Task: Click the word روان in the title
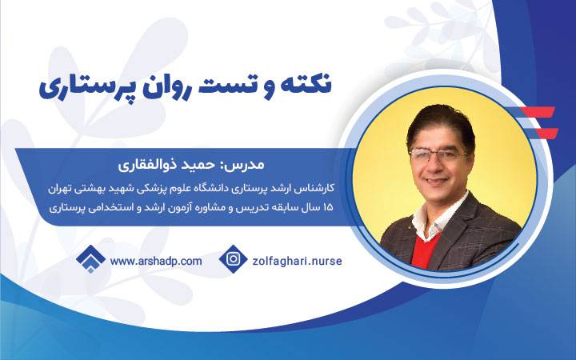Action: tap(159, 87)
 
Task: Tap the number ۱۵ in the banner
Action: tap(327, 207)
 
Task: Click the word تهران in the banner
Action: tap(59, 189)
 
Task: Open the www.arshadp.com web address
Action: tap(156, 261)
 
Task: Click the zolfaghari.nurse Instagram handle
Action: tap(297, 261)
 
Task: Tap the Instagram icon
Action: tap(234, 258)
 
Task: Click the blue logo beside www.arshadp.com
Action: tap(90, 259)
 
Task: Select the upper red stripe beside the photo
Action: tap(540, 112)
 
